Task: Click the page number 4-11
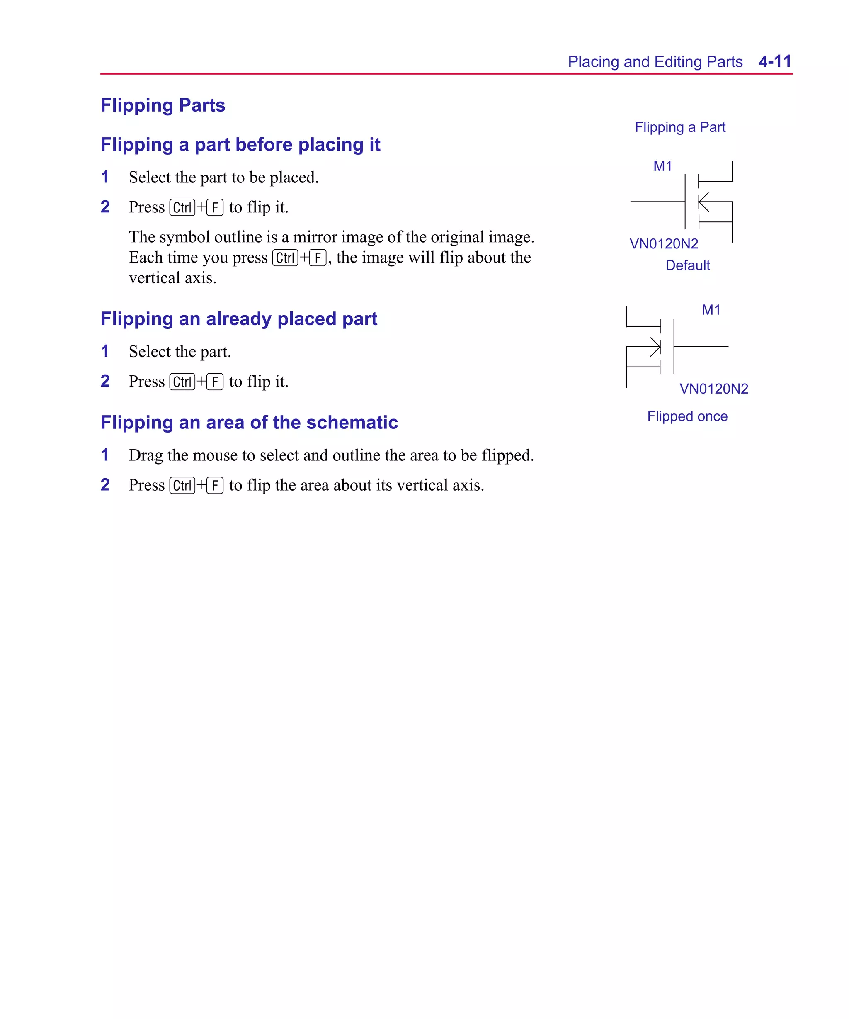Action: click(x=775, y=62)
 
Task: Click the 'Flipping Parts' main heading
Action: click(x=163, y=105)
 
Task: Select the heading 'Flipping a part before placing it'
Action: click(x=240, y=145)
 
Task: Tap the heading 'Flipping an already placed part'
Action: click(x=238, y=319)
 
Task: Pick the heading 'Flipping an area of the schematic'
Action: click(x=249, y=423)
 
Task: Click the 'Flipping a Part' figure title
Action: click(x=680, y=127)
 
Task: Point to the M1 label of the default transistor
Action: click(x=662, y=166)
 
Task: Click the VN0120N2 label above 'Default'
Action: click(x=664, y=243)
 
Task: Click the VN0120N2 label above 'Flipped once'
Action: click(x=713, y=389)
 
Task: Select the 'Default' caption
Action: click(x=687, y=265)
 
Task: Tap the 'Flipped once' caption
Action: click(x=687, y=416)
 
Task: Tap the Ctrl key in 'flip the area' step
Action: click(x=182, y=485)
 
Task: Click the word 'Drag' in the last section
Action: click(x=146, y=455)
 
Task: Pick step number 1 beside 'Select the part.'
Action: click(x=105, y=351)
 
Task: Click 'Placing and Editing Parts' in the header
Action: click(x=655, y=62)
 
